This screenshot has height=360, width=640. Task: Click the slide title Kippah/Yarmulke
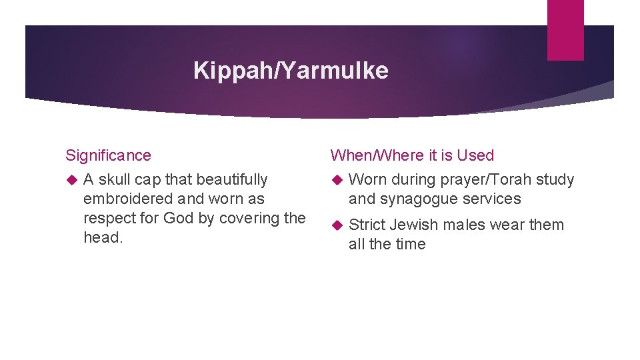pyautogui.click(x=291, y=70)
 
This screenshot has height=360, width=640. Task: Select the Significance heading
pyautogui.click(x=108, y=155)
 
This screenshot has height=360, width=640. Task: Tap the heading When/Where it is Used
pyautogui.click(x=412, y=155)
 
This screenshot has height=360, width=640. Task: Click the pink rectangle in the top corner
pyautogui.click(x=565, y=29)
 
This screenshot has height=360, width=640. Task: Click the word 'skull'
pyautogui.click(x=115, y=179)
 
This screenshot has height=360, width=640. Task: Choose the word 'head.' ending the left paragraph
pyautogui.click(x=103, y=237)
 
